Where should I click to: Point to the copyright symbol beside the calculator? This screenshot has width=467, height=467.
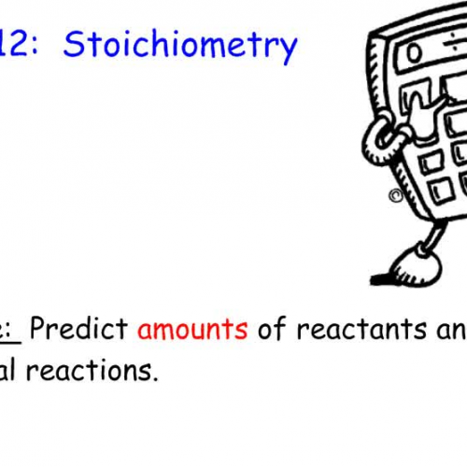(x=396, y=197)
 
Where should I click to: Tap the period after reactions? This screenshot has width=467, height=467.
(x=155, y=378)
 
